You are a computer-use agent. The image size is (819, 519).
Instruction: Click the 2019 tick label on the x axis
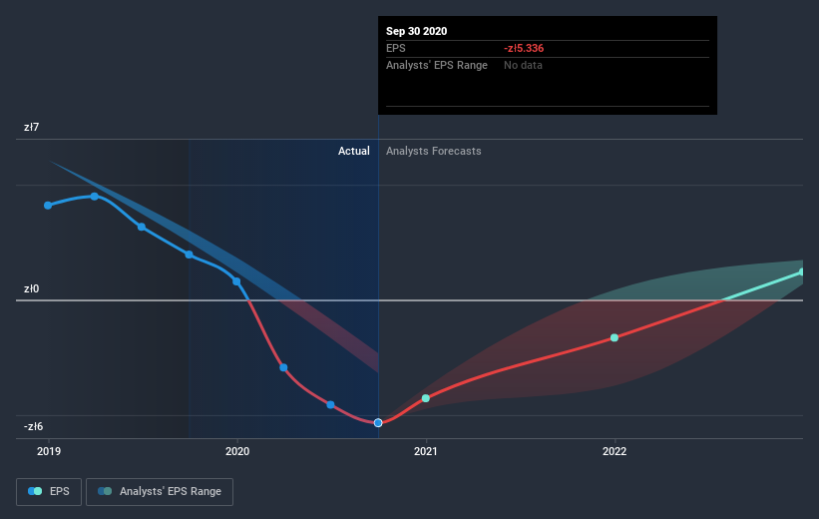pos(48,452)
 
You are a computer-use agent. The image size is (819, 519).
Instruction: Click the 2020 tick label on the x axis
pos(237,452)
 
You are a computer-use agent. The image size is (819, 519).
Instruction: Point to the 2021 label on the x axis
pos(426,452)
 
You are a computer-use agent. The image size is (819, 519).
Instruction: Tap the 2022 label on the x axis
pos(614,452)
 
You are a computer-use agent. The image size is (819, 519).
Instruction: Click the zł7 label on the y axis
pos(32,128)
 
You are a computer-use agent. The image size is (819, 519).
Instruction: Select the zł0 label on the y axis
pos(32,289)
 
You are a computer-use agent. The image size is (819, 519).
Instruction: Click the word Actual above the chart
pos(353,151)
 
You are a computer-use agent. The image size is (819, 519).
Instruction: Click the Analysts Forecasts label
pos(434,151)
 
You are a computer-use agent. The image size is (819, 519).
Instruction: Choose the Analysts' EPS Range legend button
pos(160,491)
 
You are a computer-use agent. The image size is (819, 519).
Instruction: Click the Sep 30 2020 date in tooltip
pos(417,31)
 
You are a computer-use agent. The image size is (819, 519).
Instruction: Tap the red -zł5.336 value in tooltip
pos(524,48)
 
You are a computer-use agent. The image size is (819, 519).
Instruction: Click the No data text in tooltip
pos(524,65)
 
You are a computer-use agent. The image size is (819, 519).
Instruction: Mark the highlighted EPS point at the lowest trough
pos(378,423)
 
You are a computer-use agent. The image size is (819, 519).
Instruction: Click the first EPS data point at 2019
pos(48,206)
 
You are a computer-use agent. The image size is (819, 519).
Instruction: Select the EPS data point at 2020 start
pos(236,281)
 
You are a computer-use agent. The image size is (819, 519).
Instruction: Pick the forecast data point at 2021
pos(426,398)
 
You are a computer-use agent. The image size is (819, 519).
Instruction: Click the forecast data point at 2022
pos(614,337)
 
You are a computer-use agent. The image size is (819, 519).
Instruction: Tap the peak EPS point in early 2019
pos(95,196)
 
